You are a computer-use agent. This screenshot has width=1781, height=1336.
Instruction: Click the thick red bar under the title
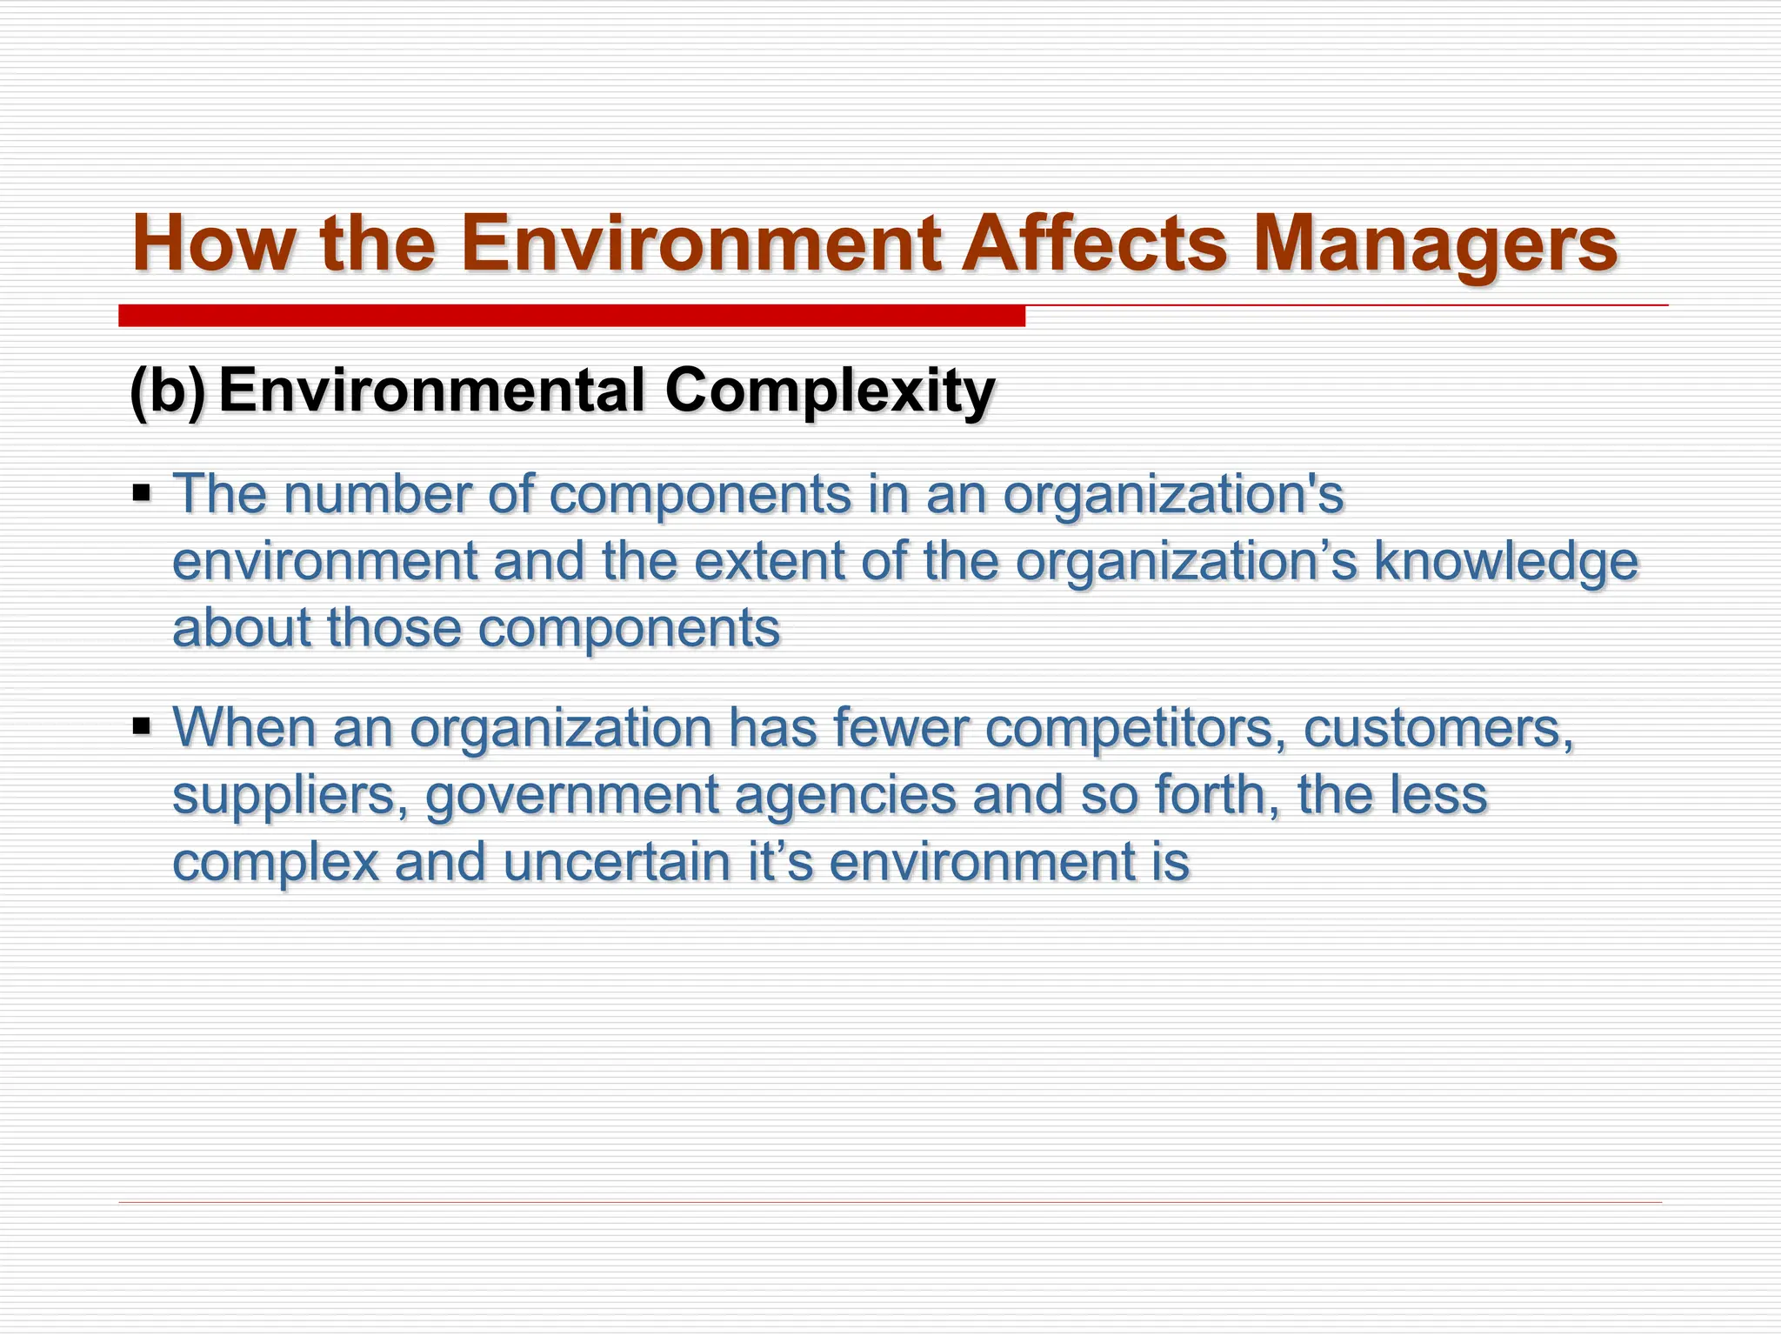571,316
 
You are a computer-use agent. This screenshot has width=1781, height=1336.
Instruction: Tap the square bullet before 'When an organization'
142,725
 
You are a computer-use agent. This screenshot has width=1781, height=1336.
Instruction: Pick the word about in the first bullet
242,628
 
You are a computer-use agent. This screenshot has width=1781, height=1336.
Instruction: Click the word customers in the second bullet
1438,728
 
